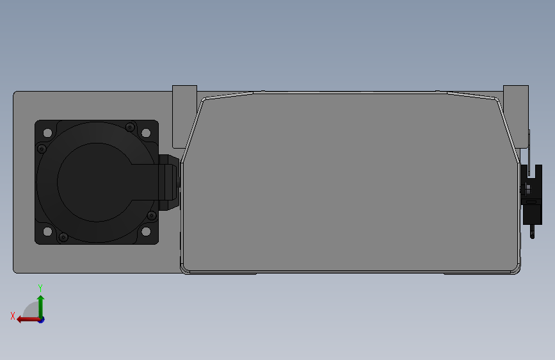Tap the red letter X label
tap(13, 316)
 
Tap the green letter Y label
tap(40, 288)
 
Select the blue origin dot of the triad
tap(40, 319)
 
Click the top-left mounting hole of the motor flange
tap(47, 133)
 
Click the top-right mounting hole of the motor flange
tap(146, 133)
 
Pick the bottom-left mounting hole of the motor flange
tap(47, 231)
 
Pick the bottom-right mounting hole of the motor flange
tap(146, 231)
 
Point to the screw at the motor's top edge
tap(130, 126)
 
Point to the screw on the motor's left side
tap(42, 149)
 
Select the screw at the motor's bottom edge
tap(62, 238)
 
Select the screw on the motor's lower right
tap(151, 215)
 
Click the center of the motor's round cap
tap(96, 182)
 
